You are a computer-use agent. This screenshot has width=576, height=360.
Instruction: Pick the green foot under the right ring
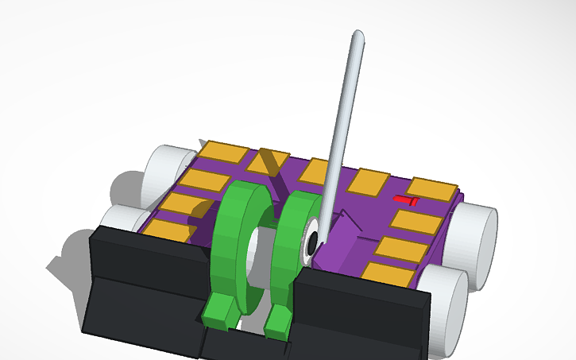(x=278, y=319)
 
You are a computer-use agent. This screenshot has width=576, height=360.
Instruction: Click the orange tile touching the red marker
(x=431, y=189)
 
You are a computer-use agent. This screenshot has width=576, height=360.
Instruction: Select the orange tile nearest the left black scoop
(x=168, y=231)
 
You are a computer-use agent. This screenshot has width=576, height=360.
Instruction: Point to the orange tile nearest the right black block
(x=389, y=270)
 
